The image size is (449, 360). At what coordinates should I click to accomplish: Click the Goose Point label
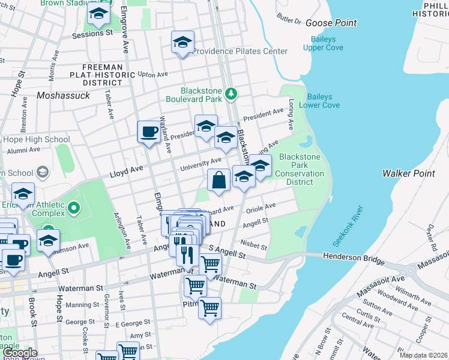[331, 23]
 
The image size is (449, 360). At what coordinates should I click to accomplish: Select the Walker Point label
[408, 173]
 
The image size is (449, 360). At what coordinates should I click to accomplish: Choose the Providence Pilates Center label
[240, 52]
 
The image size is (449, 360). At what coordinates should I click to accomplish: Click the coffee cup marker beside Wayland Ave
[148, 131]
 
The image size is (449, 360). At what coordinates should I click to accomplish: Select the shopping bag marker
[218, 179]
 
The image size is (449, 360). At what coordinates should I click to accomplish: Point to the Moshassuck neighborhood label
[63, 95]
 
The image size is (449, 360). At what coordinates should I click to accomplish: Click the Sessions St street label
[92, 34]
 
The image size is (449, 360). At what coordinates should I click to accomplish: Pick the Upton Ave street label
[152, 74]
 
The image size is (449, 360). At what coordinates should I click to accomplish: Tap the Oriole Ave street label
[262, 206]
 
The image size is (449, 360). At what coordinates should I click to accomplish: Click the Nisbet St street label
[254, 245]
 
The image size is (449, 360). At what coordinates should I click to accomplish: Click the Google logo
[20, 353]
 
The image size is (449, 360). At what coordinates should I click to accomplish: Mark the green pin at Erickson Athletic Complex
[74, 208]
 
